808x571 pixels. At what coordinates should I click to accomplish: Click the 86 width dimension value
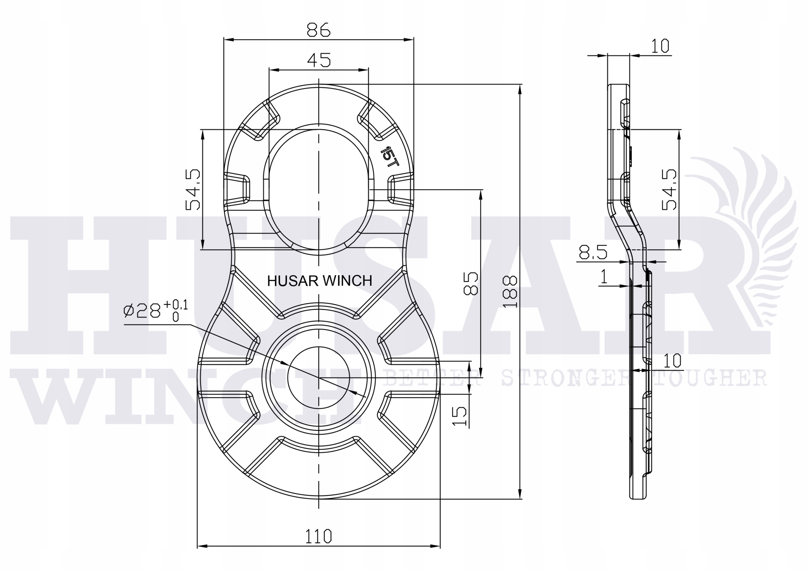(x=319, y=30)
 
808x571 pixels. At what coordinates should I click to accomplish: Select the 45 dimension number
(x=319, y=60)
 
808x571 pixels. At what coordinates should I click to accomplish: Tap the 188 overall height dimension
(x=510, y=292)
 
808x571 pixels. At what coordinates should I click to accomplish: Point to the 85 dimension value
(x=471, y=283)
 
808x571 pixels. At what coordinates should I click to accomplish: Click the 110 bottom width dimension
(x=318, y=537)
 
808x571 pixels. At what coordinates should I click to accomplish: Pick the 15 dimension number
(x=459, y=416)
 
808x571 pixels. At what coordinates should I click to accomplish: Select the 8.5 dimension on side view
(x=593, y=252)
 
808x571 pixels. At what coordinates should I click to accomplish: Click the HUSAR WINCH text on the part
(x=319, y=281)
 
